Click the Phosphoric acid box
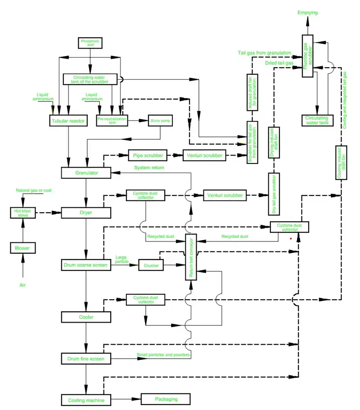click(90, 43)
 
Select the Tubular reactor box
click(67, 120)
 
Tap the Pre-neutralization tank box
click(112, 120)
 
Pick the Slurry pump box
click(161, 120)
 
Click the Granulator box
click(86, 173)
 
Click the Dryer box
click(86, 212)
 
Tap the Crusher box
click(151, 265)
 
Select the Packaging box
click(166, 399)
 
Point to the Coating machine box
click(86, 400)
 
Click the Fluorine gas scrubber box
click(307, 56)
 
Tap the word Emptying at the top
click(307, 13)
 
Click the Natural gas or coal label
click(34, 191)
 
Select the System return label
click(148, 168)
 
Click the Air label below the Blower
click(22, 285)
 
